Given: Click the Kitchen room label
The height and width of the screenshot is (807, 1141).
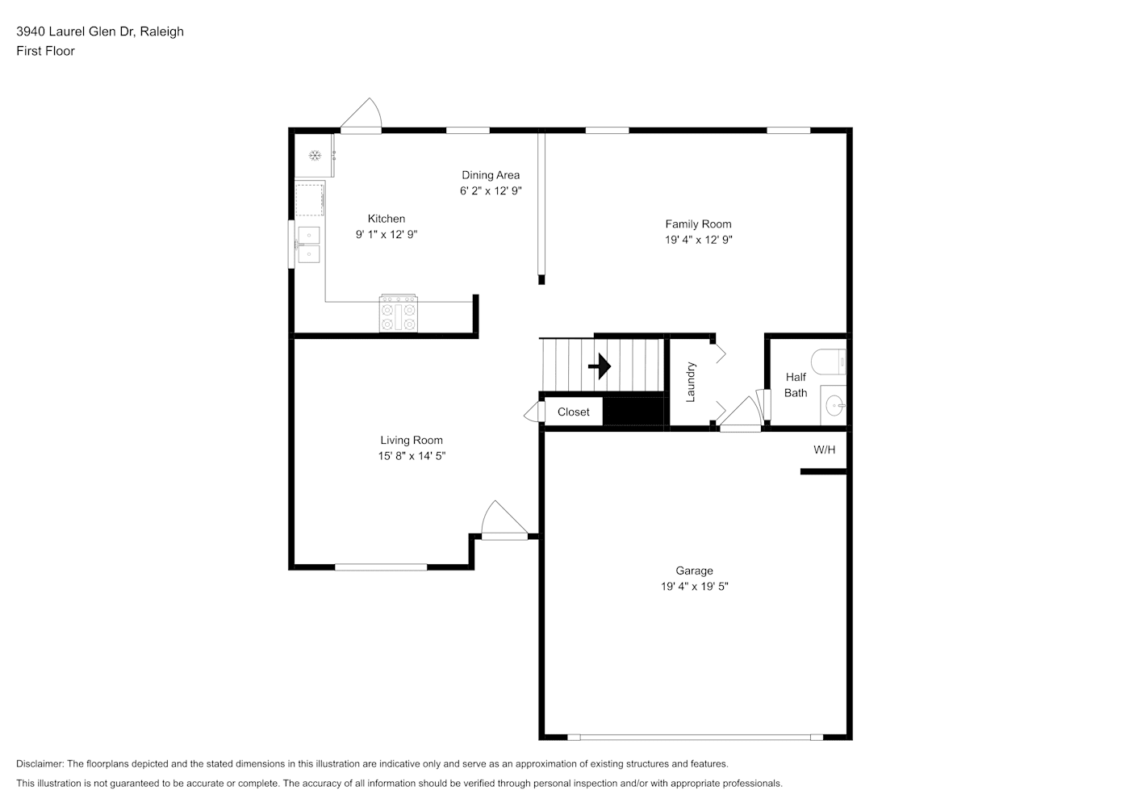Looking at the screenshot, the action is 386,219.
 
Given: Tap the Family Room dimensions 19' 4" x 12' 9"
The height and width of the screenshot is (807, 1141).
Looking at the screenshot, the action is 698,240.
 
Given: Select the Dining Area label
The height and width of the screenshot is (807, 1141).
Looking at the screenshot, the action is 491,175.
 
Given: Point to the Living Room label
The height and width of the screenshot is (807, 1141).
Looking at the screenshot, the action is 412,440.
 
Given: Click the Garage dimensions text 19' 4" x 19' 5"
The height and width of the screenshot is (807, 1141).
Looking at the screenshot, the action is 694,587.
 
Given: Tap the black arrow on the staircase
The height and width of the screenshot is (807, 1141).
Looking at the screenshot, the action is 600,366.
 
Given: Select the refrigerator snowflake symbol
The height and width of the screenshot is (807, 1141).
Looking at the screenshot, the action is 316,156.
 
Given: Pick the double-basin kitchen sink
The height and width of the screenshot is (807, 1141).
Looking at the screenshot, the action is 309,245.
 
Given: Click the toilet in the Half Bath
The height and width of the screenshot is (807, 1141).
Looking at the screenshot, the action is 829,362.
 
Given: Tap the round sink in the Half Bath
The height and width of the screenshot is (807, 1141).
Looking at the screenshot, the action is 834,406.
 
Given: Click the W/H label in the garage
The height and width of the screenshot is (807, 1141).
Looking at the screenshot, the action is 824,449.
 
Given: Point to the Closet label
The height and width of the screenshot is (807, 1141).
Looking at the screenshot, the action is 573,412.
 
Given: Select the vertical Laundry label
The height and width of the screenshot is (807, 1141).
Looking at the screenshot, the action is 691,382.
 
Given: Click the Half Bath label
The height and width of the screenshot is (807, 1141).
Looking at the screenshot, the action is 796,385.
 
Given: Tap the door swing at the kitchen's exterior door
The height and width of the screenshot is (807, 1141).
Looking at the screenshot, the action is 362,114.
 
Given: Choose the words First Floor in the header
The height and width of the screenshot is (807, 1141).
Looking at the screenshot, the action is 45,51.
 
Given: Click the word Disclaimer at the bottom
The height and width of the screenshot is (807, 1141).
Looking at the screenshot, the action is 40,763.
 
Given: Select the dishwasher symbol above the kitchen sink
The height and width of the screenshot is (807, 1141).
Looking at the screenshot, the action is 310,199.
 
